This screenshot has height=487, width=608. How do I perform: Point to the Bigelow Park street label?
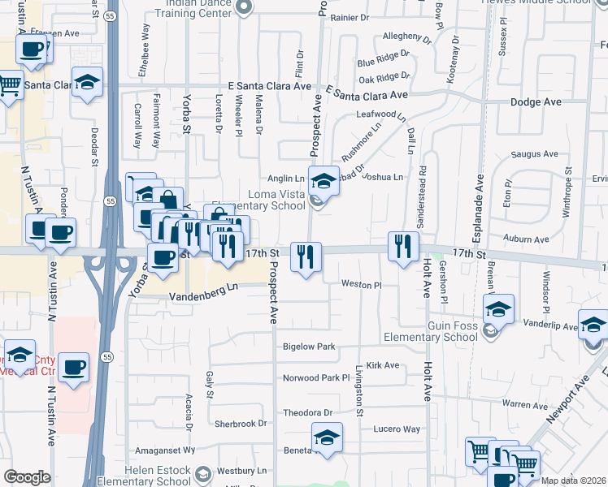click(x=309, y=347)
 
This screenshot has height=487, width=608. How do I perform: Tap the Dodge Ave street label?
click(x=536, y=102)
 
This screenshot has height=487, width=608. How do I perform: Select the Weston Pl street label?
click(x=361, y=285)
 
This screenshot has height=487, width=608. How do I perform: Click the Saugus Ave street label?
click(x=534, y=153)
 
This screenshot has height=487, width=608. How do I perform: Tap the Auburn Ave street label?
click(x=525, y=239)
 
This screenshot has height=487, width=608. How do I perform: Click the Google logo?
click(x=27, y=477)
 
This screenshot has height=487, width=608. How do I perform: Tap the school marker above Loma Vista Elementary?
click(x=324, y=182)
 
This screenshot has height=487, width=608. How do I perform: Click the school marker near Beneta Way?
click(x=327, y=437)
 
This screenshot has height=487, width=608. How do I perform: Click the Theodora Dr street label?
click(x=308, y=412)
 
